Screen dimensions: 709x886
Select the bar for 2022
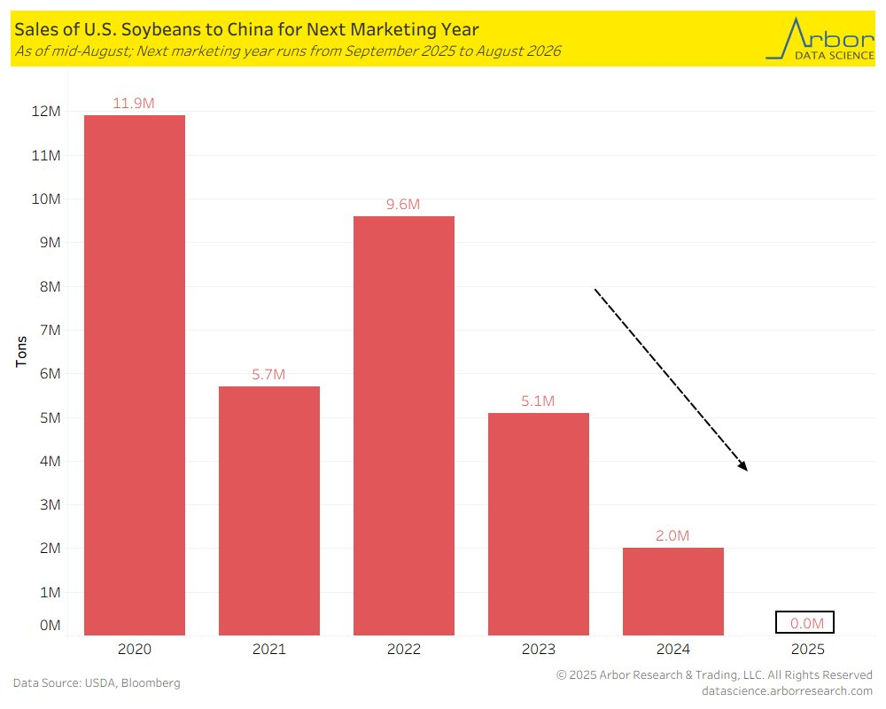pos(404,425)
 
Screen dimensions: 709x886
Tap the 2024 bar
pos(673,591)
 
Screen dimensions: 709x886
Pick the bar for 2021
pos(269,510)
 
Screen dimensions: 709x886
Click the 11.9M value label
pos(134,103)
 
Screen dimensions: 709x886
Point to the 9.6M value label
pos(403,204)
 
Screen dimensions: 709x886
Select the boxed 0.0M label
pos(804,623)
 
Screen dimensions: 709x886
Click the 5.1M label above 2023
pos(538,401)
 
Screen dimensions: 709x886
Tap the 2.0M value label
pos(672,535)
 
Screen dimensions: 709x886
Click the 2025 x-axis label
pos(807,649)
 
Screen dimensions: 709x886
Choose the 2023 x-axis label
pos(538,649)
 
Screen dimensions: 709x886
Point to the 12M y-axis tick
pos(46,112)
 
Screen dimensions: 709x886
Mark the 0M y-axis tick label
pos(50,626)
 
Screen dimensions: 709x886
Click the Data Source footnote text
pos(97,682)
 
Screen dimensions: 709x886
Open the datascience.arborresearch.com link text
pos(786,690)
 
